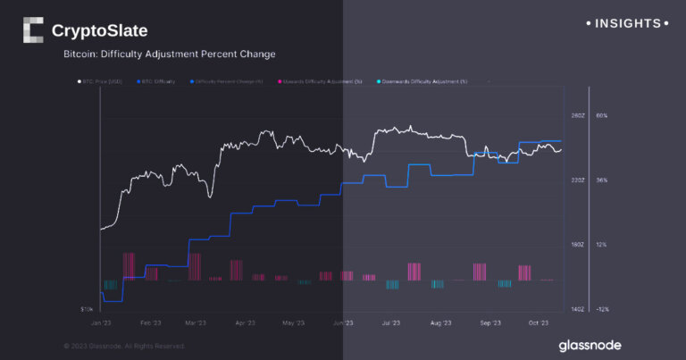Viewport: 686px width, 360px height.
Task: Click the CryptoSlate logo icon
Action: pyautogui.click(x=32, y=30)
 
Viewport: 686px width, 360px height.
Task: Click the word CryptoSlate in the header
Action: pyautogui.click(x=99, y=31)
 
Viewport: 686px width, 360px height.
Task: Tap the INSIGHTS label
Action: pyautogui.click(x=627, y=23)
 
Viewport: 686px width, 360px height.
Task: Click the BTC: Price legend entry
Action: pyautogui.click(x=99, y=81)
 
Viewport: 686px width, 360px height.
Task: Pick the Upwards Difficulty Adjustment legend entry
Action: pyautogui.click(x=320, y=81)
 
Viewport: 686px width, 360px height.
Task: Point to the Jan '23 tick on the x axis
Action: pyautogui.click(x=101, y=322)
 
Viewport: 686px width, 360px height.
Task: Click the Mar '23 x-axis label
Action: pyautogui.click(x=196, y=322)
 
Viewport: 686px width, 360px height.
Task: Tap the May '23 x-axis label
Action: pyautogui.click(x=293, y=322)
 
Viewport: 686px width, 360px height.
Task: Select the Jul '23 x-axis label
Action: pyautogui.click(x=390, y=322)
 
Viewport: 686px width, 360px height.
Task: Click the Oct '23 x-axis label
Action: pyautogui.click(x=538, y=322)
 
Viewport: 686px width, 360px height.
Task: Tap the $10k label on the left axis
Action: pyautogui.click(x=87, y=309)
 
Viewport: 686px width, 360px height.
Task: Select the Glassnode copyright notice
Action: pyautogui.click(x=124, y=346)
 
